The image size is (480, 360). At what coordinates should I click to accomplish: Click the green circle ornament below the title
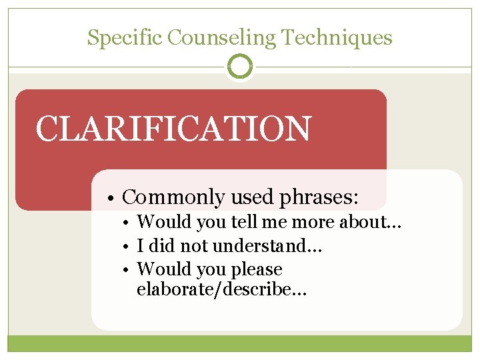tap(240, 67)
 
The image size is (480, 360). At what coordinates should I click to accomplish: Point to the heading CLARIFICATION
tap(173, 129)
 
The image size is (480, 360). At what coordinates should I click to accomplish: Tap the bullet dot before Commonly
tap(115, 198)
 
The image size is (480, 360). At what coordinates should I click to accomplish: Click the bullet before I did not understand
tap(128, 246)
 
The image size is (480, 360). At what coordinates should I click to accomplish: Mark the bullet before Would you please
tap(128, 270)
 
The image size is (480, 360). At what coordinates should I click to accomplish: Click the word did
tap(163, 246)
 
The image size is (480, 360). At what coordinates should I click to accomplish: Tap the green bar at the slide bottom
tap(240, 343)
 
